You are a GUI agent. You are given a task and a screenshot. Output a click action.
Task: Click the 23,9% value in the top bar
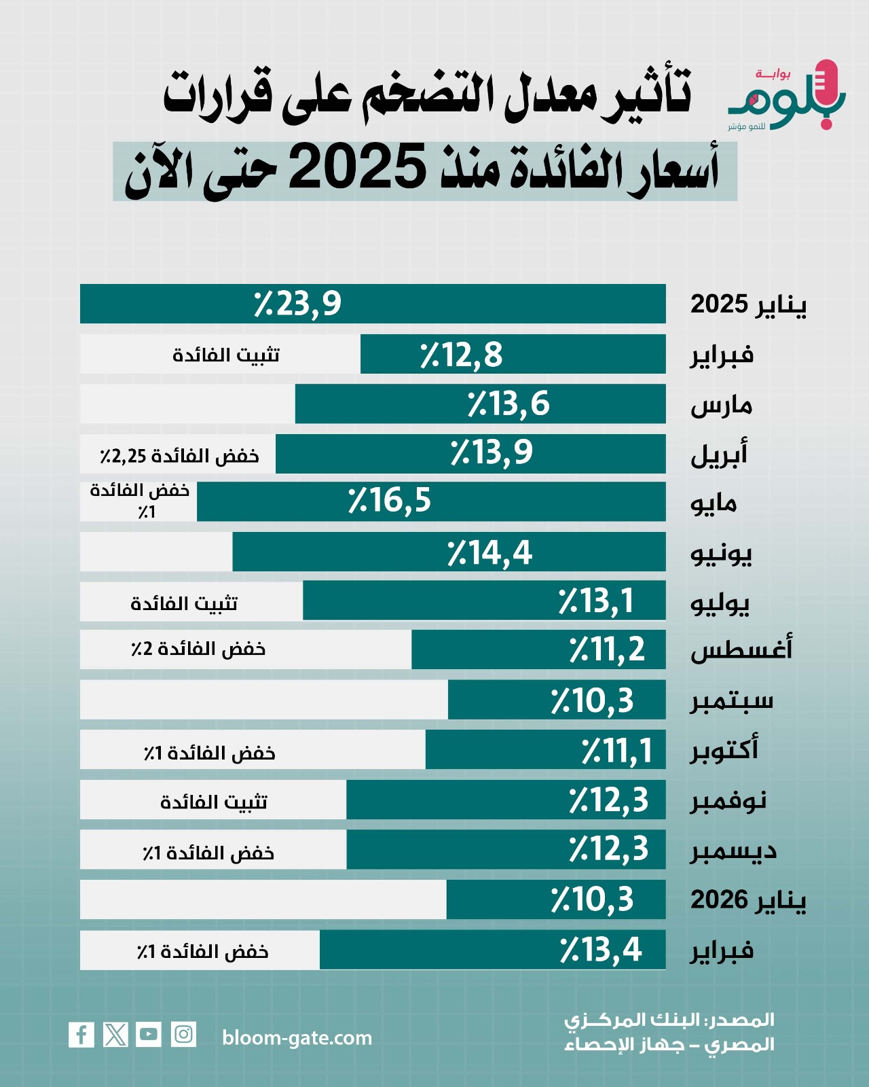click(x=297, y=304)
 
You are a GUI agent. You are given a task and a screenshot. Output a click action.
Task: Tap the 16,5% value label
click(x=390, y=501)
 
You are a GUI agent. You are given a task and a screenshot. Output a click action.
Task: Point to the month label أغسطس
click(x=741, y=650)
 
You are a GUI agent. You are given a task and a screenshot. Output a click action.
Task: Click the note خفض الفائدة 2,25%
click(x=180, y=455)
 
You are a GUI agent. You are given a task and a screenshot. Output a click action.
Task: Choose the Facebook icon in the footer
click(x=81, y=1035)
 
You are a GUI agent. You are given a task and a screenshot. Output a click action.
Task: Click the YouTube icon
click(x=149, y=1035)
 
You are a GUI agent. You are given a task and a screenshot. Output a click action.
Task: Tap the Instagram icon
click(x=183, y=1035)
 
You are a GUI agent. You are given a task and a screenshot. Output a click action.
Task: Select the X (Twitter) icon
click(x=115, y=1035)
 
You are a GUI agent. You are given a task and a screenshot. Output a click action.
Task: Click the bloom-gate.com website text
click(x=297, y=1038)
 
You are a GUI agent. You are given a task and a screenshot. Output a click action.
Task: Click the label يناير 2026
click(x=748, y=900)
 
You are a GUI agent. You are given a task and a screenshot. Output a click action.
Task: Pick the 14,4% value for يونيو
click(x=489, y=552)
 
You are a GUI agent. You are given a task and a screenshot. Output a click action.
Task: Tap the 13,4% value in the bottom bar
click(x=601, y=950)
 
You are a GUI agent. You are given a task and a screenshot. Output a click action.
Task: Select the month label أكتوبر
click(x=724, y=750)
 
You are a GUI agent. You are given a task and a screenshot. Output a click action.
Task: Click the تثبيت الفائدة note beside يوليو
click(x=184, y=603)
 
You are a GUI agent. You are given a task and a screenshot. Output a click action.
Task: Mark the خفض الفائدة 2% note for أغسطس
click(x=198, y=649)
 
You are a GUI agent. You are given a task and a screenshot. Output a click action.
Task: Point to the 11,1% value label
click(x=616, y=751)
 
